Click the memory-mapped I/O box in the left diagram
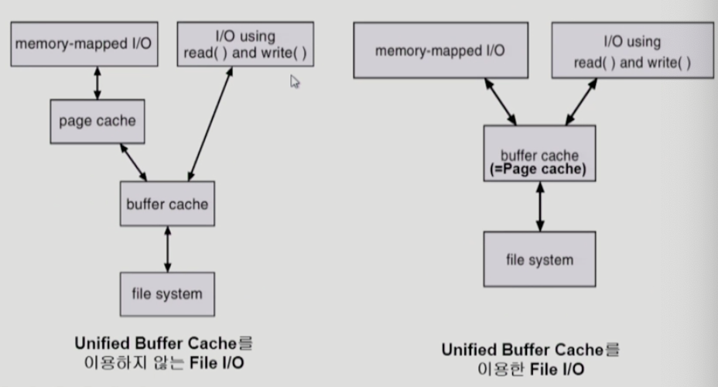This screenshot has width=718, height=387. [83, 44]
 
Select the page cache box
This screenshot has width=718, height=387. [97, 121]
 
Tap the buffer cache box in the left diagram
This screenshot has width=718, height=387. [167, 204]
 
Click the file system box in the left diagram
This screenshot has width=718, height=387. [166, 293]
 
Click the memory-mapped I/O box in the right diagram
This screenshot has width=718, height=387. [440, 50]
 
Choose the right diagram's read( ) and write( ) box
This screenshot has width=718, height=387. [632, 50]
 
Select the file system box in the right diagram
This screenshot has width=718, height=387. [539, 259]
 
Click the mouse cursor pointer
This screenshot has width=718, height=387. [295, 81]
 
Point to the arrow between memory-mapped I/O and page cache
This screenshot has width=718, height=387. [97, 83]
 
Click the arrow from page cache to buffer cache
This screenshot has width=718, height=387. [132, 162]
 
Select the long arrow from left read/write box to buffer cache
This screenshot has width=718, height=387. [210, 124]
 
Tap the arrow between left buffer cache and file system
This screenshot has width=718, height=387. [167, 249]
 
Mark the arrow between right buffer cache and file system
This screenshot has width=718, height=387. [539, 206]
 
